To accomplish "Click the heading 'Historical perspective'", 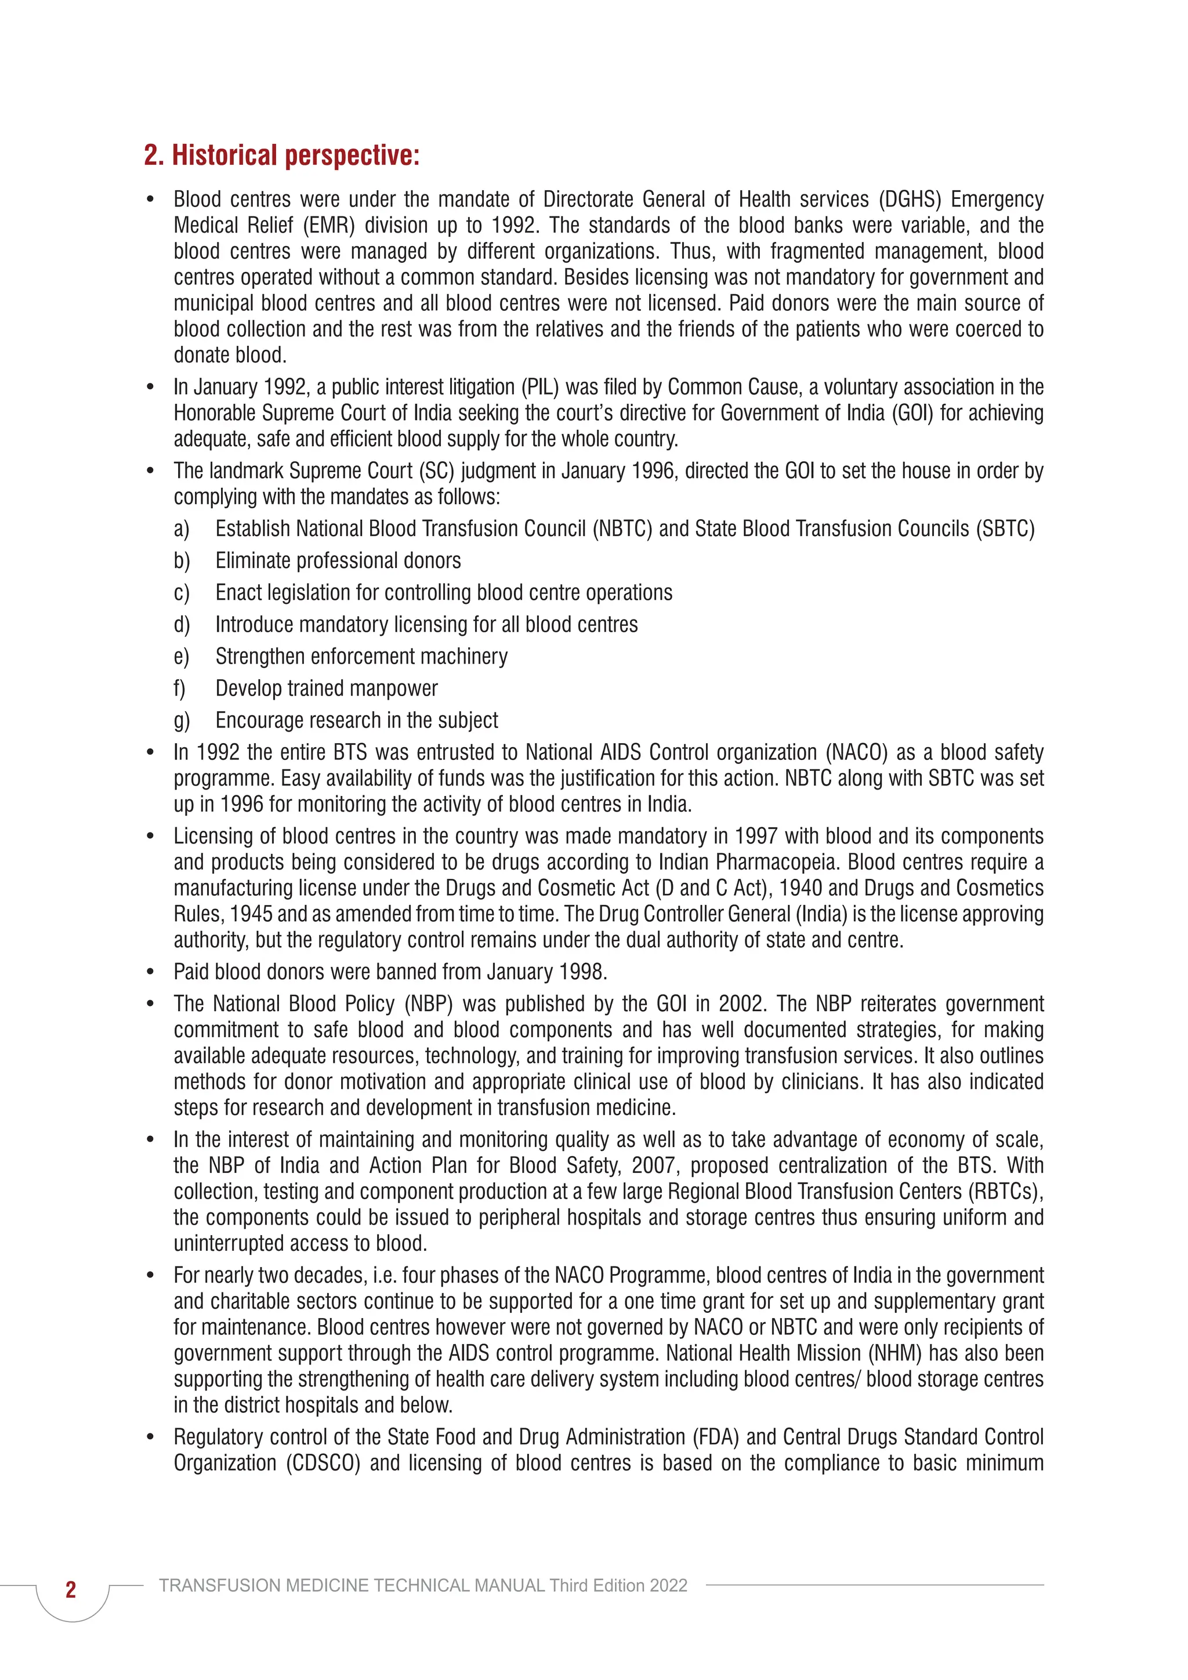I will pos(282,155).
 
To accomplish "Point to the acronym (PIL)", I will pos(540,387).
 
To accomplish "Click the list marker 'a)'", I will pos(182,529).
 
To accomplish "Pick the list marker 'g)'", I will pos(182,720).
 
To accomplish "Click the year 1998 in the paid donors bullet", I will pos(582,972).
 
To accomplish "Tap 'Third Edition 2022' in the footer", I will pos(618,1585).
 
